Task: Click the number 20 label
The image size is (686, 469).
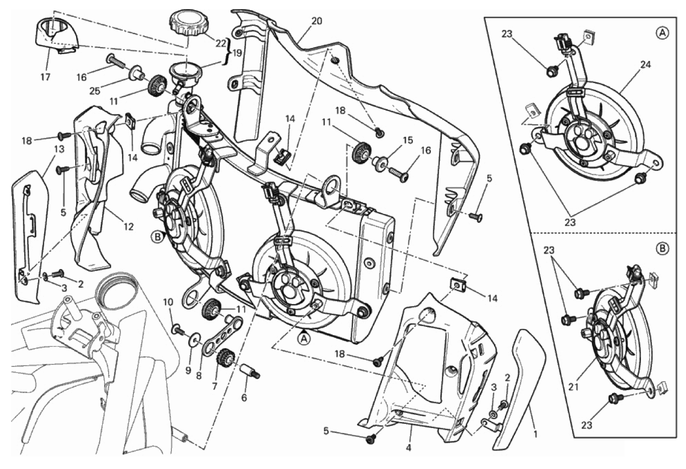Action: click(316, 21)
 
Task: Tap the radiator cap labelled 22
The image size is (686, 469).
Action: click(186, 22)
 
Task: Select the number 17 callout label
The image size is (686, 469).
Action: click(45, 77)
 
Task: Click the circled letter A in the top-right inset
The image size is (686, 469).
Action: click(662, 32)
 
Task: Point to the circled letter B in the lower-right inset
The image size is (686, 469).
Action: click(662, 248)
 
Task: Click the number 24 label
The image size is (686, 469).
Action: click(645, 65)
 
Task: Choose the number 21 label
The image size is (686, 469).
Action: click(573, 387)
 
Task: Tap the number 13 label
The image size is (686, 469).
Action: click(59, 149)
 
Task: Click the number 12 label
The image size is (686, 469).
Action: click(129, 226)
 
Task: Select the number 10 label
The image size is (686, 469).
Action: click(169, 302)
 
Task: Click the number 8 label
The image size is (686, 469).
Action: click(199, 375)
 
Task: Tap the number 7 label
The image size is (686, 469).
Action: click(214, 386)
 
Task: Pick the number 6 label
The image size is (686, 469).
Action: click(244, 397)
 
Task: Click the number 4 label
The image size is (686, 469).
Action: click(409, 447)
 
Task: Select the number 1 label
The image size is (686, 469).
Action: click(536, 433)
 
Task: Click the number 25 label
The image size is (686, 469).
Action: click(95, 90)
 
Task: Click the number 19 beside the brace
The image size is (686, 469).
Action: click(237, 53)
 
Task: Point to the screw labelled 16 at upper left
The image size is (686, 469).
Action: click(115, 61)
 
